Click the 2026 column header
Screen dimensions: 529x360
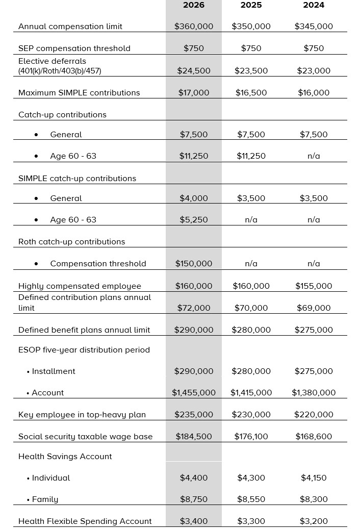coord(193,5)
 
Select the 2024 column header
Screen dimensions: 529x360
coord(314,5)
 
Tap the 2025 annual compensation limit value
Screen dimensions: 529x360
coord(251,27)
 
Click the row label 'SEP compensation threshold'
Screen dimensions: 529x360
coord(74,48)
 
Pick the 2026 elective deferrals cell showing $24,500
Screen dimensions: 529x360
coord(194,71)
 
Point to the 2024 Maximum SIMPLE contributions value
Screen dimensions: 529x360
coord(314,93)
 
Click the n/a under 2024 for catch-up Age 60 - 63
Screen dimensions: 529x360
coord(314,156)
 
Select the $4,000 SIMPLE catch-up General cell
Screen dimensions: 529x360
coord(194,198)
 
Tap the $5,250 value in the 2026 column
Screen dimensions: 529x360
coord(194,220)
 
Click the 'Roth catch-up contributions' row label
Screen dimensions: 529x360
coord(72,242)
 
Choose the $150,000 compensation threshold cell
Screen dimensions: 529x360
coord(194,264)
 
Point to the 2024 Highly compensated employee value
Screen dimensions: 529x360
coord(314,286)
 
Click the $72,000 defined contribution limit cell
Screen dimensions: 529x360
coord(194,308)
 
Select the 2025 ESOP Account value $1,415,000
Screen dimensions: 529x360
coord(251,393)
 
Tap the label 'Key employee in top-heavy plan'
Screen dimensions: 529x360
coord(82,415)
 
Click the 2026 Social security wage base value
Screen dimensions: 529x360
coord(194,437)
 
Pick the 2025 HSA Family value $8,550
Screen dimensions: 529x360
coord(251,499)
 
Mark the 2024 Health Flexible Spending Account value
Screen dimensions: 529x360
coord(314,521)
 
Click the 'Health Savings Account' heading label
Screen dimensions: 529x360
coord(65,457)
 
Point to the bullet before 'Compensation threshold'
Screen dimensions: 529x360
coord(36,264)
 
